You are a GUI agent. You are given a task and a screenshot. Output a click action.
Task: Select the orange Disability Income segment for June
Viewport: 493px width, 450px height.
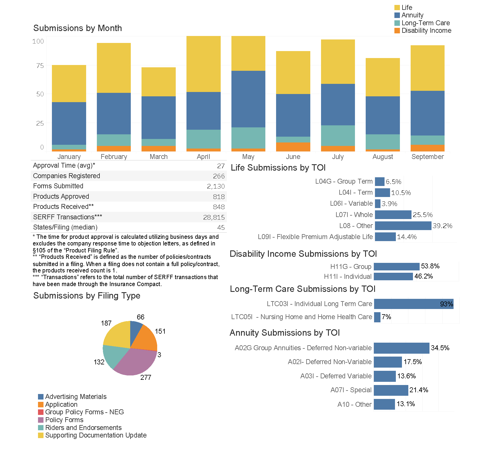point(293,147)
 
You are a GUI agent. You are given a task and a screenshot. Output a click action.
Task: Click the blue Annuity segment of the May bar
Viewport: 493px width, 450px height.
point(248,99)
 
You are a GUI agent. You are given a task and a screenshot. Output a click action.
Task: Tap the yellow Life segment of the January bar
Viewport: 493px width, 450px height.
point(69,84)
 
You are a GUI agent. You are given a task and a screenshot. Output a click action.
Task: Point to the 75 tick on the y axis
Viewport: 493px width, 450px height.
point(40,66)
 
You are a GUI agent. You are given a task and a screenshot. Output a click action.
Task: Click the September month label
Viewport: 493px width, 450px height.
point(427,157)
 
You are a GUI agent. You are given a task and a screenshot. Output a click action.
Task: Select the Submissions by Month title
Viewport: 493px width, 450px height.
point(77,28)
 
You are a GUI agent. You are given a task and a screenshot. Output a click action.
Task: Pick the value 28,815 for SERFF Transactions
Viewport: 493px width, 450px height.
point(214,217)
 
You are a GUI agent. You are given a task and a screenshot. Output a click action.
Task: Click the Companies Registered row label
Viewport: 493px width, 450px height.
point(66,176)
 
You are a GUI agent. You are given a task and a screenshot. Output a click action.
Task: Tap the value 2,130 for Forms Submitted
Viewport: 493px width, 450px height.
point(216,186)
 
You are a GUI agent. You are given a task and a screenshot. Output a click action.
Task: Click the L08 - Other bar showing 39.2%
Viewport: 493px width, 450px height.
point(403,226)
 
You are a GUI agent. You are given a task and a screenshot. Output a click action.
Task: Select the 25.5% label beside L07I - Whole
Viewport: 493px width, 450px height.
point(423,215)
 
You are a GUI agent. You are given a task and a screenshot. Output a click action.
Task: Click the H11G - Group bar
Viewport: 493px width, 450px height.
point(396,266)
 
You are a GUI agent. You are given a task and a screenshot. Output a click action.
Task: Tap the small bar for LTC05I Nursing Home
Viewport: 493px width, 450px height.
point(377,317)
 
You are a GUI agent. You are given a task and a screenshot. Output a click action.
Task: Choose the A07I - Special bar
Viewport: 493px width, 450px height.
point(391,390)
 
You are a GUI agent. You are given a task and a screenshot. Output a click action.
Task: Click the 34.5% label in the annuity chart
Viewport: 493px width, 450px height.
point(440,348)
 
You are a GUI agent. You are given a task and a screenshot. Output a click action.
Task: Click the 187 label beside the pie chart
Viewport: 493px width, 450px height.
point(106,323)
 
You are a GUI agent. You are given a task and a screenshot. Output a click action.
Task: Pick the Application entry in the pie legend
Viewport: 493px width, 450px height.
point(61,404)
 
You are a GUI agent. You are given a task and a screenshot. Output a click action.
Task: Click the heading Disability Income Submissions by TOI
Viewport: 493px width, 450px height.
point(303,254)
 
